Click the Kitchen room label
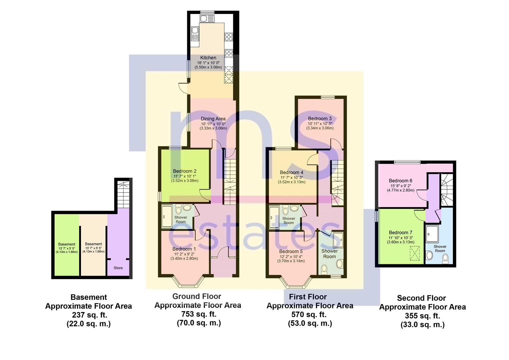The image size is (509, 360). click(208, 58)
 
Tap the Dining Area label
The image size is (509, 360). click(213, 119)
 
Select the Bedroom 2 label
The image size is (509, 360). click(185, 171)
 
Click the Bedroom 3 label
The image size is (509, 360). click(320, 119)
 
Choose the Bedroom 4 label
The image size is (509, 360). click(291, 172)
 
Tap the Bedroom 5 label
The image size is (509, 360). click(291, 251)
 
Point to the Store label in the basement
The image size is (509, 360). click(118, 268)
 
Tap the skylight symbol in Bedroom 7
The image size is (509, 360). click(415, 252)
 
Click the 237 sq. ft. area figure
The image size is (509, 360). click(89, 315)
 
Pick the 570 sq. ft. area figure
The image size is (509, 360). click(310, 314)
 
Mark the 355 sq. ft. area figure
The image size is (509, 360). click(422, 316)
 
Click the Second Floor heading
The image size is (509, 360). click(421, 298)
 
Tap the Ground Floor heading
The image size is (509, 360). click(197, 296)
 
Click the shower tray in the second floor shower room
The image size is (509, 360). click(432, 233)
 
